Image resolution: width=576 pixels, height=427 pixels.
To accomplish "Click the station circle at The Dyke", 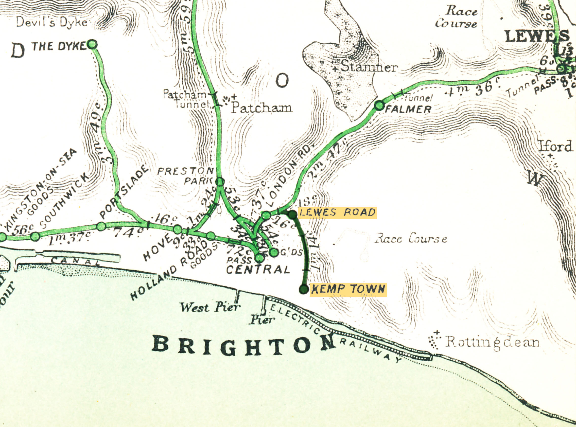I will coord(92,45).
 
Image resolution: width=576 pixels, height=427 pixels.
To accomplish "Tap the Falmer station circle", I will coord(379,105).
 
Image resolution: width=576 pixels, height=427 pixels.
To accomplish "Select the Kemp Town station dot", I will coord(304,289).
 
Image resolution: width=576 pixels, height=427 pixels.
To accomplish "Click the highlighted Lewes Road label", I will coord(337,213).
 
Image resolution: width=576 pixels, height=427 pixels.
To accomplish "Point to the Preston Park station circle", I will coord(220,182).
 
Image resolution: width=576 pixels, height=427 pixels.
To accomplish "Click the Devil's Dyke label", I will coord(52,22).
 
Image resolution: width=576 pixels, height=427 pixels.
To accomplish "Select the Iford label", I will coord(555,147).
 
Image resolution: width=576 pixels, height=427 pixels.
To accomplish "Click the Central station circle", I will coord(259,258).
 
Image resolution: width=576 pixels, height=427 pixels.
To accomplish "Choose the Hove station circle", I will coord(177,229).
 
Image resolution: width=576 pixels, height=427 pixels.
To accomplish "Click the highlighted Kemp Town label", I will coord(348,289).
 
